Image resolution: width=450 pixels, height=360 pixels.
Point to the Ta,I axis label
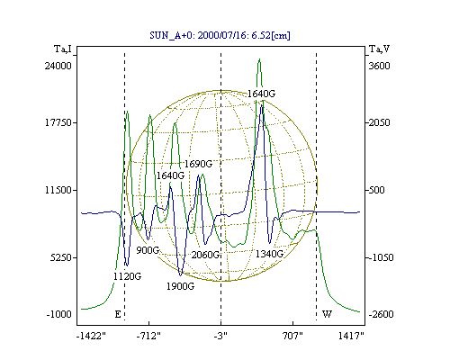pos(63,49)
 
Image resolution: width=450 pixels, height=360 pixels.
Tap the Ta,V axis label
pos(379,49)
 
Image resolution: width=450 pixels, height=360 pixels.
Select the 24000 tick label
pos(58,66)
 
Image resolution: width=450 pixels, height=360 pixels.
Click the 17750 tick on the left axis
pos(58,122)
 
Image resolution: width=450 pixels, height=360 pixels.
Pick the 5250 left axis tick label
pos(61,257)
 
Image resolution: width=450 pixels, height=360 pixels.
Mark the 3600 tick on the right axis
pos(380,66)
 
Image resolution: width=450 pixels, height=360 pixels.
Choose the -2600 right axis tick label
pos(381,314)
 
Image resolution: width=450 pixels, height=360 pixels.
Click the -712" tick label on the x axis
pos(148,336)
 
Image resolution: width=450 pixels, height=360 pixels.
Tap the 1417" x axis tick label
pos(351,336)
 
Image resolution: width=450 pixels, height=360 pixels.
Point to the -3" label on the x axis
pos(220,336)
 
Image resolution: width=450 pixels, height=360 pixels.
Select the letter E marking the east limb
pos(118,314)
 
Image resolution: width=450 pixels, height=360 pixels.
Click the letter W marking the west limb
pos(327,314)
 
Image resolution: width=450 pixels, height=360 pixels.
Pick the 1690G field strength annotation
pos(198,164)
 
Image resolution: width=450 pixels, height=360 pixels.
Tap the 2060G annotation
pos(205,255)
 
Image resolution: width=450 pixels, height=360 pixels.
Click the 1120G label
pos(127,276)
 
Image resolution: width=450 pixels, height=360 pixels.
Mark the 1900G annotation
pos(180,286)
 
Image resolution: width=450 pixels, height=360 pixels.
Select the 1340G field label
pos(269,254)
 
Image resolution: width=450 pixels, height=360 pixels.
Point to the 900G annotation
pos(148,250)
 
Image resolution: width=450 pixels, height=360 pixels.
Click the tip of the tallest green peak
pos(259,58)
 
